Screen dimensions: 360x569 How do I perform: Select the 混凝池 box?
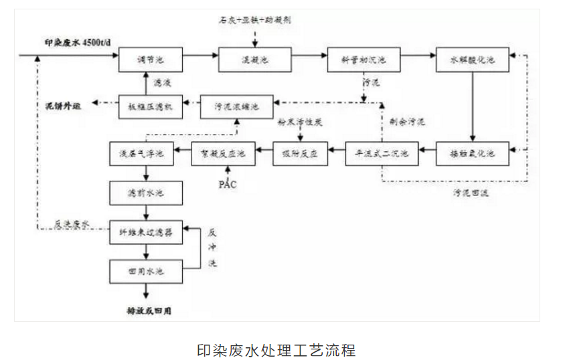pyautogui.click(x=255, y=60)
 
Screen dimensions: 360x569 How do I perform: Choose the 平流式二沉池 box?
pyautogui.click(x=382, y=153)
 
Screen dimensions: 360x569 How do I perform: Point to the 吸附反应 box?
pyautogui.click(x=299, y=153)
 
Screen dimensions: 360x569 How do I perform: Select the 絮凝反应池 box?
pyautogui.click(x=219, y=153)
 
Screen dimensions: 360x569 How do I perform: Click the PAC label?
pyautogui.click(x=228, y=184)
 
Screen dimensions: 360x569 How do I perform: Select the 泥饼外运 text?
pyautogui.click(x=57, y=106)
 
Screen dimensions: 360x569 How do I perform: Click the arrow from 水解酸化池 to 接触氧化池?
pyautogui.click(x=473, y=107)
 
